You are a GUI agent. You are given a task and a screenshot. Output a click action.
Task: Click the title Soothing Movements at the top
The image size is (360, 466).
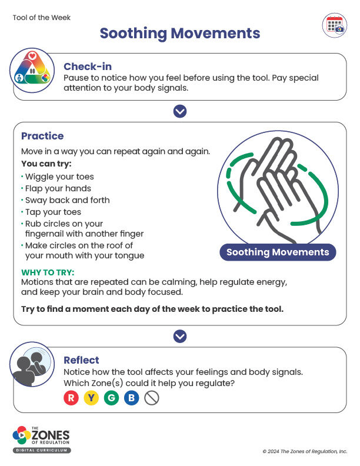[179, 33]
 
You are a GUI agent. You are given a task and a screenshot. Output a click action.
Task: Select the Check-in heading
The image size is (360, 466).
[88, 66]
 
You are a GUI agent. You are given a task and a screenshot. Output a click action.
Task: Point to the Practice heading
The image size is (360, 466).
[42, 136]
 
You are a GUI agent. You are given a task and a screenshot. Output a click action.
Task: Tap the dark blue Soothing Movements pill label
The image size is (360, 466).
[278, 252]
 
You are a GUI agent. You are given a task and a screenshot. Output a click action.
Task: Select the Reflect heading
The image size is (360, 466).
[81, 360]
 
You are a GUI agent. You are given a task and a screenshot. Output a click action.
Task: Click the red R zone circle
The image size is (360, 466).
[71, 398]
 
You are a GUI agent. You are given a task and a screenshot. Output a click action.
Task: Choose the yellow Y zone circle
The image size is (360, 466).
[91, 398]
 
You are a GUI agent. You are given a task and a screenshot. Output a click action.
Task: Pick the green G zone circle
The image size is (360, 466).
[111, 398]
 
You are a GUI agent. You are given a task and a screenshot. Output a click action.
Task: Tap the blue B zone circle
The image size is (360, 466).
[131, 398]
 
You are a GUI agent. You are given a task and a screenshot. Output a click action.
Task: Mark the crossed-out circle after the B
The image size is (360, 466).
[152, 398]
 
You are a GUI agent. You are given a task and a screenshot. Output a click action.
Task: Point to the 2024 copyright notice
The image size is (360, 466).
[305, 451]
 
